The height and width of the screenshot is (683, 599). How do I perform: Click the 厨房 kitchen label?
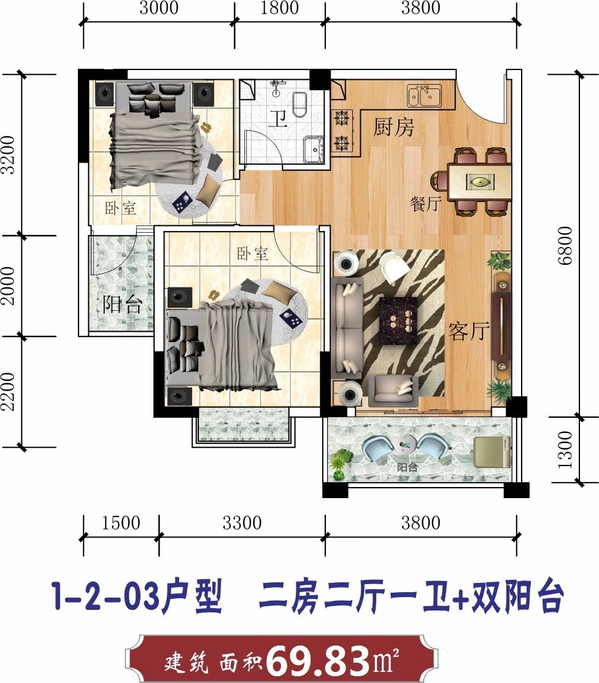click(393, 127)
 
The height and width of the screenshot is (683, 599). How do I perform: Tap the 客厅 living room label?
click(469, 332)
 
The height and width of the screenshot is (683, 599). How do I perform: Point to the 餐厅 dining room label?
click(426, 203)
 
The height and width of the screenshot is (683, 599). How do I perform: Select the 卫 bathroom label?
click(278, 118)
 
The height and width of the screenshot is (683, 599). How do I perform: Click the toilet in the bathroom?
click(300, 104)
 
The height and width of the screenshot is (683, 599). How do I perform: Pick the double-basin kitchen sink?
click(424, 95)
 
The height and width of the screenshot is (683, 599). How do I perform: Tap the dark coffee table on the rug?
click(398, 321)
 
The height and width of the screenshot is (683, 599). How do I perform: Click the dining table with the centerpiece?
click(479, 181)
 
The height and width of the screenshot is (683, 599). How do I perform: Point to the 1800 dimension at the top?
click(279, 8)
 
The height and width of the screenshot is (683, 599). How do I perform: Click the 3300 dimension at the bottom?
click(242, 523)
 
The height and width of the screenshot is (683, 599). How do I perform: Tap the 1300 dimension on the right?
click(565, 450)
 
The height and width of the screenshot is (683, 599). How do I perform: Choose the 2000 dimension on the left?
click(8, 286)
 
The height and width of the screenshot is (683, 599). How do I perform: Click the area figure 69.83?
click(318, 661)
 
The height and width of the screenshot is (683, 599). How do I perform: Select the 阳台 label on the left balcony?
click(122, 304)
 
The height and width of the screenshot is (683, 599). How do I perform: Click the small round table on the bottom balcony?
click(406, 444)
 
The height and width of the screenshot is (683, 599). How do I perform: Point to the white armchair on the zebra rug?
click(393, 267)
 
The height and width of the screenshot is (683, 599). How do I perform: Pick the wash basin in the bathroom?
click(314, 149)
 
